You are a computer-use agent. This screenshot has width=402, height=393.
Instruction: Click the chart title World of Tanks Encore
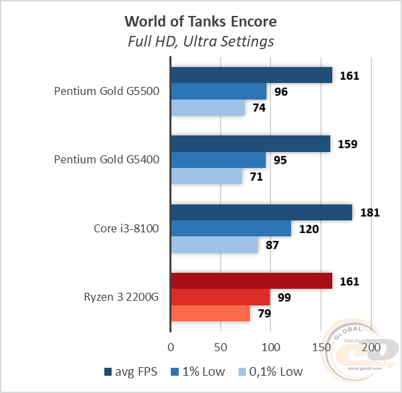pyautogui.click(x=201, y=21)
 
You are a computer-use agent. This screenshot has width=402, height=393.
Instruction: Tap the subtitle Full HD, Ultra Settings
pyautogui.click(x=201, y=42)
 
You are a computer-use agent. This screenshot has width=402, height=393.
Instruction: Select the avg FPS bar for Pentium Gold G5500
pyautogui.click(x=251, y=76)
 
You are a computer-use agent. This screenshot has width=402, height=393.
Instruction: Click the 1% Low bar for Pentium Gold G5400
pyautogui.click(x=218, y=160)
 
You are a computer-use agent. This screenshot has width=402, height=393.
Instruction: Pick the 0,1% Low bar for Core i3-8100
pyautogui.click(x=214, y=245)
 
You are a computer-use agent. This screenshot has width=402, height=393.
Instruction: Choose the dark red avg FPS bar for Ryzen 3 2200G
pyautogui.click(x=251, y=281)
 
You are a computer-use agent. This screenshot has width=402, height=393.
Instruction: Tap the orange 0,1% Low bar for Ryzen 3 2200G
pyautogui.click(x=210, y=313)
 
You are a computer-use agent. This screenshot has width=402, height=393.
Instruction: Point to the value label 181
pyautogui.click(x=369, y=213)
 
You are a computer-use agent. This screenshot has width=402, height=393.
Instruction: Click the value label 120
pyautogui.click(x=309, y=229)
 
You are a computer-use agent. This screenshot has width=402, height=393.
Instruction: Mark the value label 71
pyautogui.click(x=256, y=177)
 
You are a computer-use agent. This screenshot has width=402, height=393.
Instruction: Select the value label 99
pyautogui.click(x=285, y=297)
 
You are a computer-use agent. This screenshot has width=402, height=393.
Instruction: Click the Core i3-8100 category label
pyautogui.click(x=126, y=229)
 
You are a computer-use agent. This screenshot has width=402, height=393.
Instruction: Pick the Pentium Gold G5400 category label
pyautogui.click(x=107, y=160)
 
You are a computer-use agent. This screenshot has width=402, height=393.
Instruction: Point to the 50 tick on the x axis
pyautogui.click(x=221, y=347)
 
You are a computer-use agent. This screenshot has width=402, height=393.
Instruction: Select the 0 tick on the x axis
pyautogui.click(x=171, y=347)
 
